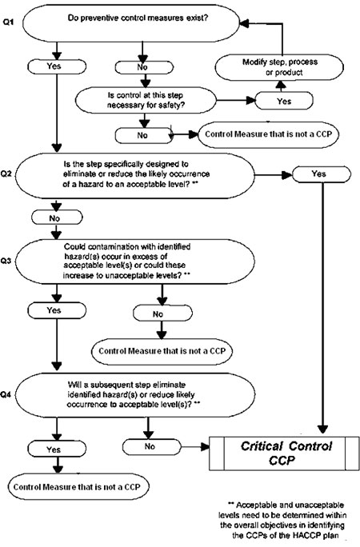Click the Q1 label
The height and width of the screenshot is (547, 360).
(8, 22)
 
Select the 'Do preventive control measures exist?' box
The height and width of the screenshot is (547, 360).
(131, 22)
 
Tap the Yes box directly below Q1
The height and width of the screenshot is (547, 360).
(57, 66)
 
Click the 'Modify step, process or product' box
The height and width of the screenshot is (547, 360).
(279, 67)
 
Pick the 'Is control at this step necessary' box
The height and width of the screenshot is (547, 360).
(146, 100)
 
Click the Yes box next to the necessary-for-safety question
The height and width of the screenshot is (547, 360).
(284, 102)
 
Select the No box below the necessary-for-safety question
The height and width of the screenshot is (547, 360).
(144, 135)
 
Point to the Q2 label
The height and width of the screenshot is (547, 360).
(8, 174)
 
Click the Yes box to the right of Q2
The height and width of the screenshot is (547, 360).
(322, 174)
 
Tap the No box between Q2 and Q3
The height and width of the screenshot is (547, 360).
(57, 218)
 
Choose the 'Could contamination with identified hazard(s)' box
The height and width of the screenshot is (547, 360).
(135, 262)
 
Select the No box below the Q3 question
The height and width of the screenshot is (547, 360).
(162, 313)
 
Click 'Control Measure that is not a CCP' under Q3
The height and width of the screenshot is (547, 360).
(162, 351)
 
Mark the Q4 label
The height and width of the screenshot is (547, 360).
(8, 395)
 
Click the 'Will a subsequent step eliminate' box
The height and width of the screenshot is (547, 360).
(135, 394)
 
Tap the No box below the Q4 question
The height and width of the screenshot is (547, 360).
(152, 446)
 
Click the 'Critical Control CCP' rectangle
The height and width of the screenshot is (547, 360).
(284, 453)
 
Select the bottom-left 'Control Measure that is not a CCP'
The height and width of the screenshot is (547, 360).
(77, 487)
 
